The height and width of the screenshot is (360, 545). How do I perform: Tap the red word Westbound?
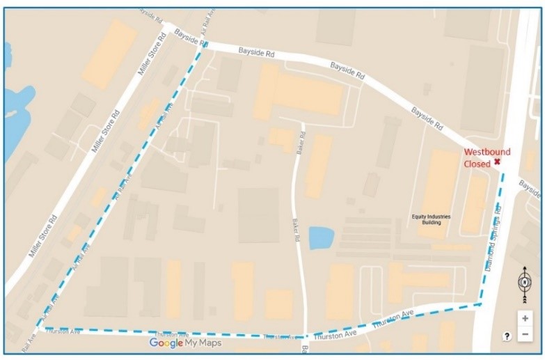pos(487,152)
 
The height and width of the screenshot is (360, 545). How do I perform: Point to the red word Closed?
pos(477,164)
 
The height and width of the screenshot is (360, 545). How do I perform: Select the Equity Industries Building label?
pos(432,219)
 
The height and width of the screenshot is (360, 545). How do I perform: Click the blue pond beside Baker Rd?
pos(321,238)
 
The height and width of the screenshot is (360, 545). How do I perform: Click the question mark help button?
pos(507,336)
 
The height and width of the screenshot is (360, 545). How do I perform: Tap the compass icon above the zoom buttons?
pos(525,284)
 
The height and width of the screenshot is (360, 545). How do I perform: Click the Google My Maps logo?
pos(185,343)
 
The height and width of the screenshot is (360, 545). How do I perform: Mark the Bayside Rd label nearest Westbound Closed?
pos(427,119)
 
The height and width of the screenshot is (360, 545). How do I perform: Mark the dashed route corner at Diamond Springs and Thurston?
pos(480,304)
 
